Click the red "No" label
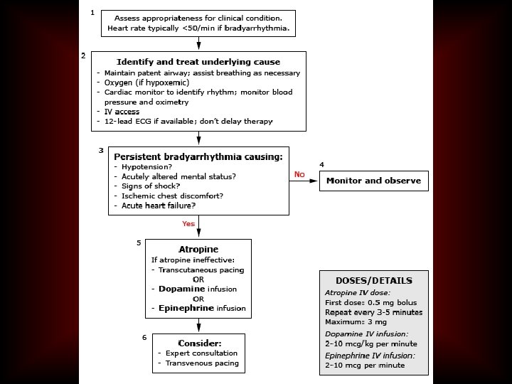tap(299, 174)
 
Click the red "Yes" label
tap(188, 223)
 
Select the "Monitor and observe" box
tap(373, 181)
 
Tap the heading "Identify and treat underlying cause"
tap(198, 62)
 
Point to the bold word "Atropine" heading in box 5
tap(199, 250)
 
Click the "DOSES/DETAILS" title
tap(374, 280)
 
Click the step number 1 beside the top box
tap(92, 13)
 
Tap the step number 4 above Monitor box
tap(322, 164)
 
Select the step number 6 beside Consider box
tap(144, 337)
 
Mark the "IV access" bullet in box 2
tap(122, 112)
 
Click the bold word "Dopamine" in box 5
tap(181, 289)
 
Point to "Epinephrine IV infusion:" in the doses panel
tap(370, 355)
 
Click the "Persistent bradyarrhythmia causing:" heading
tap(198, 156)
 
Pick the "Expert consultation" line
tap(201, 353)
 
